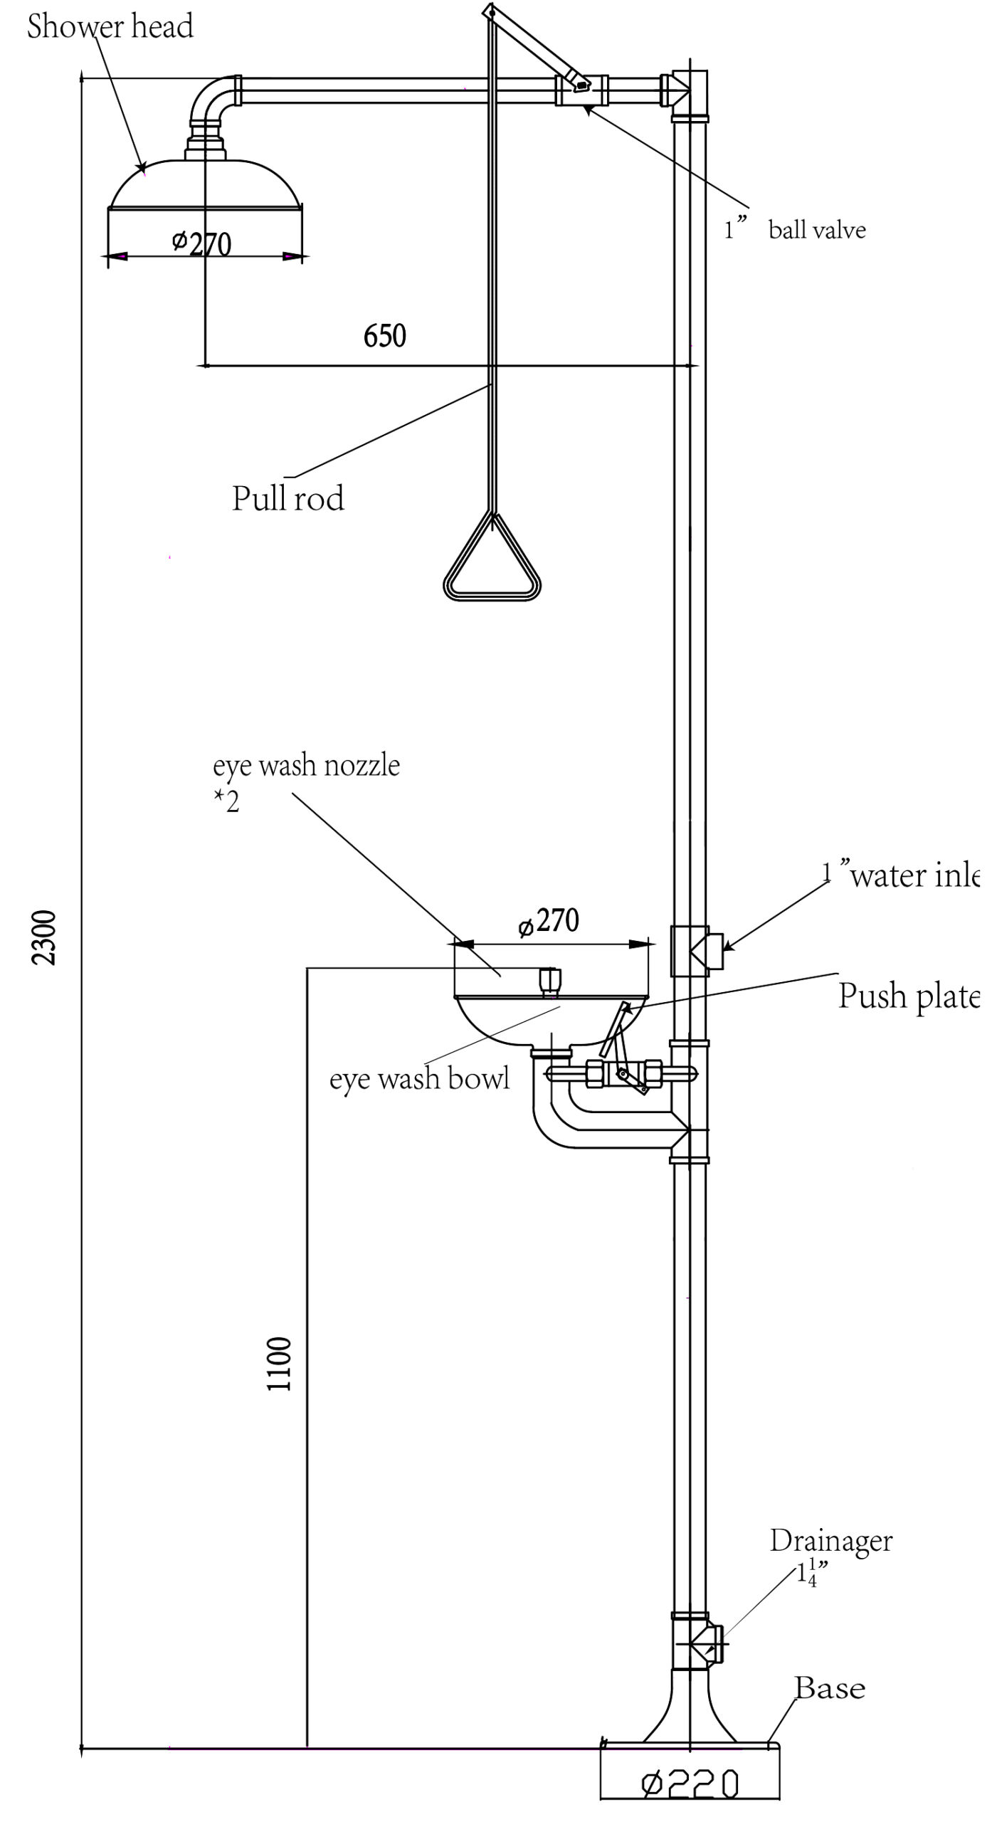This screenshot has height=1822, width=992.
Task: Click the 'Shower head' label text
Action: [x=110, y=27]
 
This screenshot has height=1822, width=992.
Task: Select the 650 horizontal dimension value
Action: [x=384, y=336]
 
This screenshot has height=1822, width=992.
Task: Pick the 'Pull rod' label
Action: [x=288, y=498]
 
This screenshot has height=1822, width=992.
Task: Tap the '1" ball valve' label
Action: [x=796, y=229]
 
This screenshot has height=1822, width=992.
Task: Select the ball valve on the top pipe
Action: [x=581, y=88]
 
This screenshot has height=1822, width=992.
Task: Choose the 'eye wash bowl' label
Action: [x=419, y=1079]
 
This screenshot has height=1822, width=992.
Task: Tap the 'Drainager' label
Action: [x=830, y=1541]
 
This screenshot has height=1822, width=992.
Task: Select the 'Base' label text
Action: [x=830, y=1688]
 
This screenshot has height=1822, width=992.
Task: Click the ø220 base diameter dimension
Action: [x=690, y=1784]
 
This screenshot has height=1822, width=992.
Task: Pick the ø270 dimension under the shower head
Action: [x=202, y=243]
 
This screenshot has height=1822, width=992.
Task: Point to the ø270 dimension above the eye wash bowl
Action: [x=549, y=922]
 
